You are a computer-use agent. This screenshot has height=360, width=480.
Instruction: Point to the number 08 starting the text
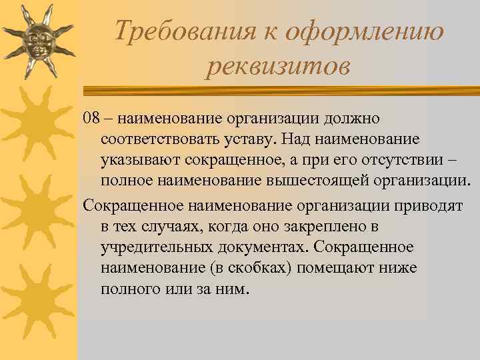(92, 118)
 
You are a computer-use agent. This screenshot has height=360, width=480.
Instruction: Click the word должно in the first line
(353, 118)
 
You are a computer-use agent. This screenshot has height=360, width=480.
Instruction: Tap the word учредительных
(156, 247)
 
